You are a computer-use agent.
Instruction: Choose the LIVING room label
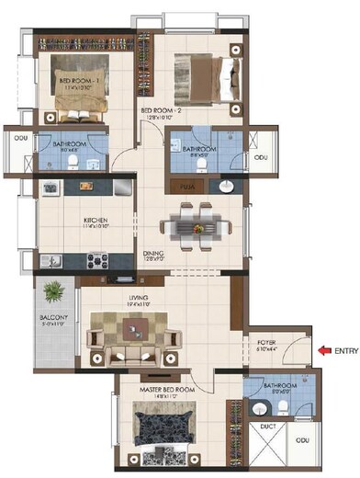[139, 298]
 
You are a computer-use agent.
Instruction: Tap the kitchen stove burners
[97, 261]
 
